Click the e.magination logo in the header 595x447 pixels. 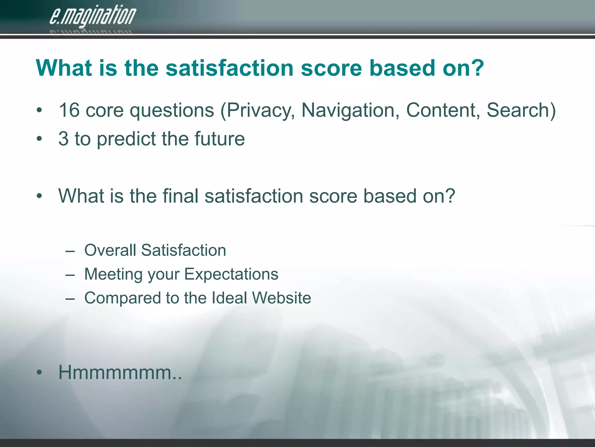tap(92, 16)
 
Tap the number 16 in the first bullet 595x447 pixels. tap(69, 110)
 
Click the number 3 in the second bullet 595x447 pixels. tap(63, 139)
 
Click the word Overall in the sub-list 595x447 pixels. tap(110, 250)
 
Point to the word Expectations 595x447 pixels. tap(231, 274)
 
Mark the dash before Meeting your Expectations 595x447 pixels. tap(70, 274)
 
